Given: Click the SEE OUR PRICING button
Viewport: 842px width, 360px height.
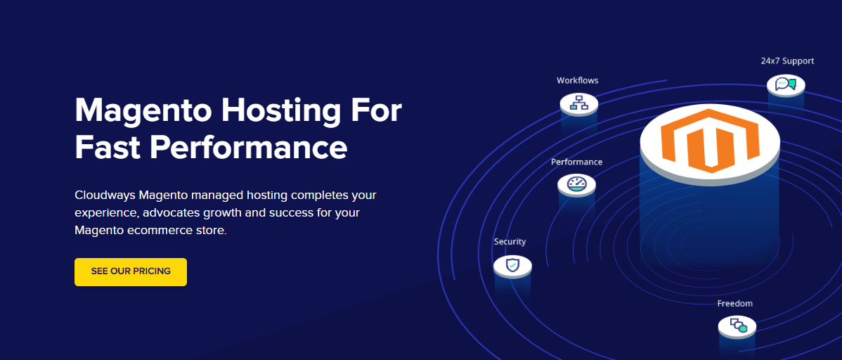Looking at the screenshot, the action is point(131,272).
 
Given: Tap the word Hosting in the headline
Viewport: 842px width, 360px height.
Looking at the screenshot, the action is point(268,111).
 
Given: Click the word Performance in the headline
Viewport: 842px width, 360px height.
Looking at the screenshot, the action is point(247,147).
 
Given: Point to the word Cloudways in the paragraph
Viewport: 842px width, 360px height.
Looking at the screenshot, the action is point(105,195).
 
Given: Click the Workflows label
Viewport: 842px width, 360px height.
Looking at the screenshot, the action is point(577,81).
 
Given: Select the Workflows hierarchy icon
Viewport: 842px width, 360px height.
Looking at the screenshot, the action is point(579,101).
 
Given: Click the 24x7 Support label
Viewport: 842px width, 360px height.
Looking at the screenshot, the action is point(787,60).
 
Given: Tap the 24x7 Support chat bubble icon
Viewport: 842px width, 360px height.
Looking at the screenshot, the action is point(786,84).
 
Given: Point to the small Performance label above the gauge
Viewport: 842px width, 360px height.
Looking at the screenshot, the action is point(577,162).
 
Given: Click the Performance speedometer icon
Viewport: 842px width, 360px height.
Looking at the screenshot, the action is point(577,184).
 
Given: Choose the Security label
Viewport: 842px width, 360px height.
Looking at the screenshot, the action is point(510,242).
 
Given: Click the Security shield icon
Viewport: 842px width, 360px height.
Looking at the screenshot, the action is point(513,265).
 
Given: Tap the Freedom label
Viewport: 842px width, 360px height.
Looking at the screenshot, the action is point(734,304).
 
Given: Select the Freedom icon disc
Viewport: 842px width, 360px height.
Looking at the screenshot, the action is point(737,326).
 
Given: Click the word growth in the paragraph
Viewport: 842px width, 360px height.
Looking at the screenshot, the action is point(219,213).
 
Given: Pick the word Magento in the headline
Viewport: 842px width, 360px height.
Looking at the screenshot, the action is point(144,111).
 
